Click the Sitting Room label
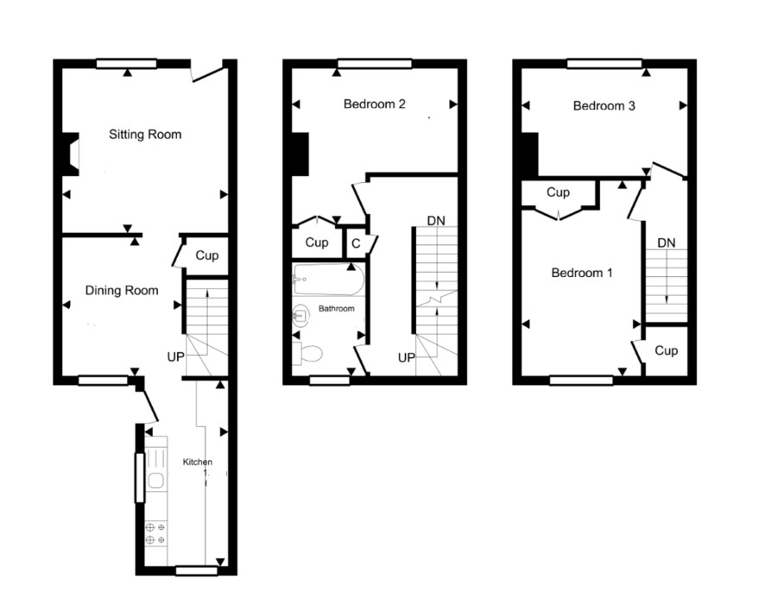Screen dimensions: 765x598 [145, 134]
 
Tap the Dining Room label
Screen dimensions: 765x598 [122, 291]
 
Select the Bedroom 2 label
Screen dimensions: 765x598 [374, 104]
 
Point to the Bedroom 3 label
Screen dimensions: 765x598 [604, 106]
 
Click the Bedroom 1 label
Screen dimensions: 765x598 [582, 273]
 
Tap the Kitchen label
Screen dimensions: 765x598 [198, 462]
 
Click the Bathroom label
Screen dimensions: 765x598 [336, 309]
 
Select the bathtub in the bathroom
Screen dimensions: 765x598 [328, 280]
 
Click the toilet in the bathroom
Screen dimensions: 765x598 [307, 353]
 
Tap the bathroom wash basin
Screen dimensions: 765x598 [301, 315]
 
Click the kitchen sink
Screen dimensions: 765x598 [156, 482]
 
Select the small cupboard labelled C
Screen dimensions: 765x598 [356, 242]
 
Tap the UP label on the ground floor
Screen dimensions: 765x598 [175, 357]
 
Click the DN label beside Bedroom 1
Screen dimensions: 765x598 [667, 242]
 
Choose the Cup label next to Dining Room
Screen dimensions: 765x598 [207, 255]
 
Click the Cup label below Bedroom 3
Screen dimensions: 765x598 [558, 192]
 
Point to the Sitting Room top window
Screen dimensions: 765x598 [126, 64]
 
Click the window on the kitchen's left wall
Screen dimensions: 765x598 [140, 477]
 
